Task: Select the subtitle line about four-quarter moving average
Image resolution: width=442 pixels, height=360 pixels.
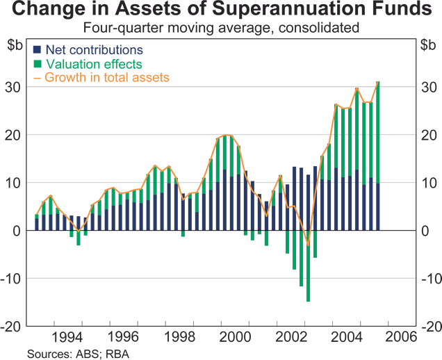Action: point(220,28)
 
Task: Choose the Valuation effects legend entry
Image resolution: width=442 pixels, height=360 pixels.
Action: point(90,64)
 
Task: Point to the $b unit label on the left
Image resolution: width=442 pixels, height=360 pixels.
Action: point(15,46)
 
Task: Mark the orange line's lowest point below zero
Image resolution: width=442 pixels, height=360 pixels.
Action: point(308,245)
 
